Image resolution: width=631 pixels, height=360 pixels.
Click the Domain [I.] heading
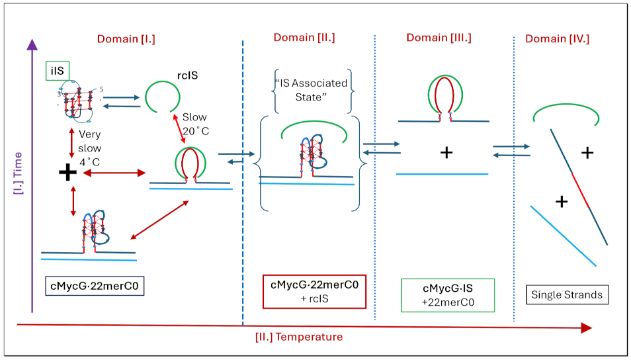[x=126, y=38]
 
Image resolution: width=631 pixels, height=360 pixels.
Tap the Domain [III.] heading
[x=439, y=37]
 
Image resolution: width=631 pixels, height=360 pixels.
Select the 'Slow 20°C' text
[x=195, y=123]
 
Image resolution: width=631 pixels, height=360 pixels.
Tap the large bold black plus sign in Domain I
[x=67, y=172]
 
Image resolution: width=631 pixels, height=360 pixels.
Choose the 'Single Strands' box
[x=568, y=294]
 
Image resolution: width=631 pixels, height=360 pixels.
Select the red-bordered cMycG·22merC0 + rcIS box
[x=314, y=291]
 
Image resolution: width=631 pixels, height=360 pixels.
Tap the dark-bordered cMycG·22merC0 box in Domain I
[x=95, y=287]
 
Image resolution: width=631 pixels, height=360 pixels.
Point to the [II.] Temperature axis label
[x=299, y=337]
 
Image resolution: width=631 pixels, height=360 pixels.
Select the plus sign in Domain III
[x=446, y=153]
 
